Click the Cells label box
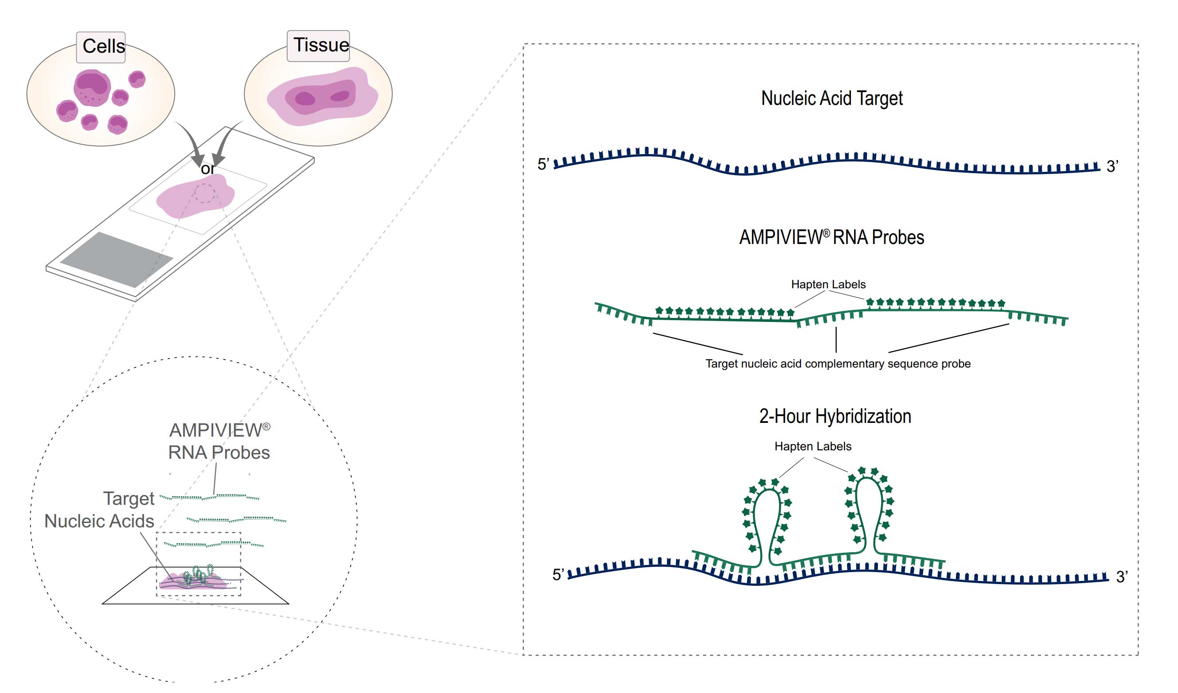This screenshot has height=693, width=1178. (x=101, y=47)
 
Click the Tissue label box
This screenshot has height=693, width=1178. (x=319, y=45)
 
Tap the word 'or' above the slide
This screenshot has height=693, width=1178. (x=208, y=169)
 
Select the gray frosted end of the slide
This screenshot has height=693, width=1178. (x=117, y=259)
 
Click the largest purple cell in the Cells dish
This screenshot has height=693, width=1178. (x=92, y=87)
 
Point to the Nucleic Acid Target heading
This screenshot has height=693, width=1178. (x=832, y=98)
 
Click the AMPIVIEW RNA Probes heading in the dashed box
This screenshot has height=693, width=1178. (x=832, y=237)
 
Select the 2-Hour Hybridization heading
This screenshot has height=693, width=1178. (x=835, y=416)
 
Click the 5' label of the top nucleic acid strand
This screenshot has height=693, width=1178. (x=543, y=165)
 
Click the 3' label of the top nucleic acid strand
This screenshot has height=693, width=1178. (x=1113, y=166)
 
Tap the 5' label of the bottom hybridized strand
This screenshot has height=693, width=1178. (x=558, y=575)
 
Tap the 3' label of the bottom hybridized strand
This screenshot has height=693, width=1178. (x=1122, y=577)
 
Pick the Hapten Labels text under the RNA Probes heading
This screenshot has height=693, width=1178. (x=828, y=284)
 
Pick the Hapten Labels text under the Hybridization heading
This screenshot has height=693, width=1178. (x=813, y=446)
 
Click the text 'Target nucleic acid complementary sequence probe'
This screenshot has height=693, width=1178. (x=838, y=364)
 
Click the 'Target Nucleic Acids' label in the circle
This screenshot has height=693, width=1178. (x=99, y=510)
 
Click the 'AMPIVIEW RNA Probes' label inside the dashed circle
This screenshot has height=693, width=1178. (x=219, y=441)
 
